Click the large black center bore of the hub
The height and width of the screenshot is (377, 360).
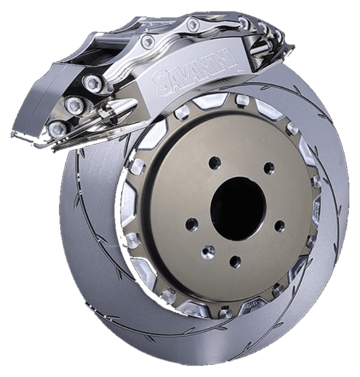pyautogui.click(x=238, y=208)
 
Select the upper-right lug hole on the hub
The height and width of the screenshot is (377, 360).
pyautogui.click(x=269, y=167)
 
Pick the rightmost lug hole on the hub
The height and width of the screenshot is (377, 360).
pyautogui.click(x=279, y=226)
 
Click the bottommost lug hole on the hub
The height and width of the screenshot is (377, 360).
pyautogui.click(x=235, y=262)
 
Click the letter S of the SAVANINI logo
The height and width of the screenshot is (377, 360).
pyautogui.click(x=161, y=81)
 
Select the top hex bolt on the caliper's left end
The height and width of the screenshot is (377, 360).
pyautogui.click(x=92, y=83)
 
